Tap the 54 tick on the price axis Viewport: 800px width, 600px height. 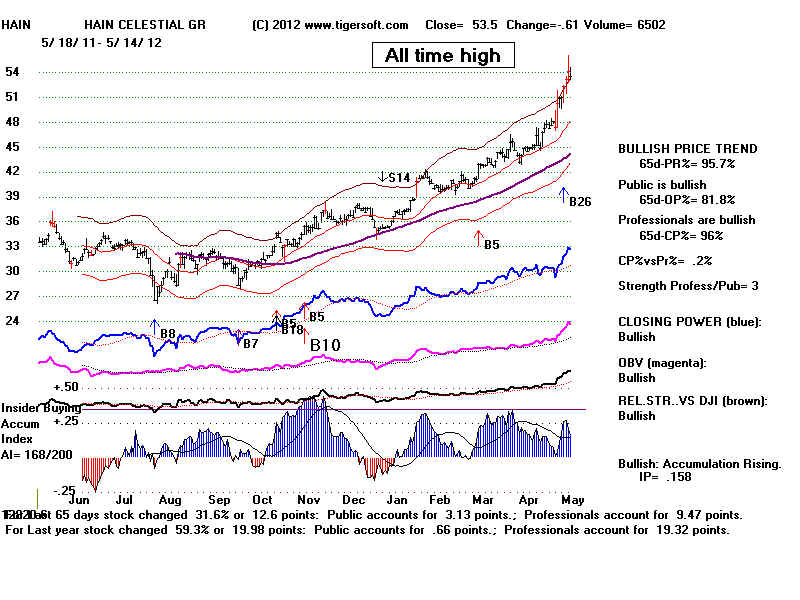click(x=16, y=72)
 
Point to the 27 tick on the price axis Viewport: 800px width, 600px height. click(x=16, y=297)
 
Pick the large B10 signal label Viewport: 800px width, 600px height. click(x=325, y=346)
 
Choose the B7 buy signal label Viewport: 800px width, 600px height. click(x=250, y=343)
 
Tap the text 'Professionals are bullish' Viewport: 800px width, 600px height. click(x=687, y=220)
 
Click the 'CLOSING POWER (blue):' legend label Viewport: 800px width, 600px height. click(x=689, y=322)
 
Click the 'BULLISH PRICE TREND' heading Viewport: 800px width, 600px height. click(x=688, y=149)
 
